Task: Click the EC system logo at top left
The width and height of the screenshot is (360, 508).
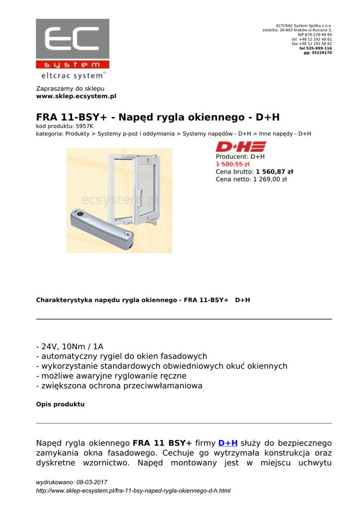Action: coord(72,49)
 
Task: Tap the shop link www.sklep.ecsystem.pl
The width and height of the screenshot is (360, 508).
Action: coord(76,96)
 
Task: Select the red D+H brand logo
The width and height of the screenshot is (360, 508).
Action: coord(241,146)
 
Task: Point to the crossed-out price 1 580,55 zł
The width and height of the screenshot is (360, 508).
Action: coord(232,164)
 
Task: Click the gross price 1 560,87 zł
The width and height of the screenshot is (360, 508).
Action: coord(274,172)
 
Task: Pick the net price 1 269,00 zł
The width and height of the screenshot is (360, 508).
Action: coord(270,180)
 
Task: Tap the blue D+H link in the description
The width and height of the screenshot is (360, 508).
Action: coord(228,443)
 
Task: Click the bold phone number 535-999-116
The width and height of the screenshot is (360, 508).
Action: coord(318,48)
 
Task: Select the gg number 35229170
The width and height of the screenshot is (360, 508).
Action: coord(321,53)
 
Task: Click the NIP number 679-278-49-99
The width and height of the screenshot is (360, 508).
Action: coord(315,35)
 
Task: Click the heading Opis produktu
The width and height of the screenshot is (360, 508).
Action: coord(60,404)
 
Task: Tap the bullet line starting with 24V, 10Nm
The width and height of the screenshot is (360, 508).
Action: coord(70,346)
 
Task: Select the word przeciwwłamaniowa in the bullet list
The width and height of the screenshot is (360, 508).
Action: coord(164,385)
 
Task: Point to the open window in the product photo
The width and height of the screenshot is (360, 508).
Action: coord(134,186)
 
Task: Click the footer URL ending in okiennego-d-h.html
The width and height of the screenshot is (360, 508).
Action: coord(133,491)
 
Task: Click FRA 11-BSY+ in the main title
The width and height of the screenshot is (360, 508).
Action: coord(72,118)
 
